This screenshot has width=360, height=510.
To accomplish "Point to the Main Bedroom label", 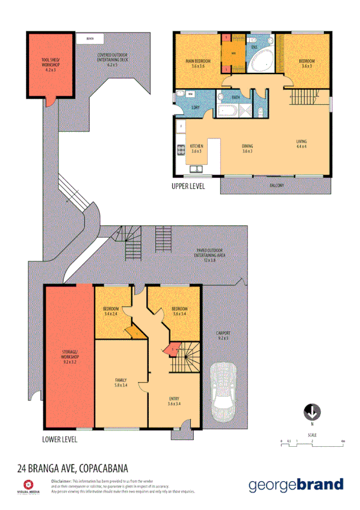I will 198,63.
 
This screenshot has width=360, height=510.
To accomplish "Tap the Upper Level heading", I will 188,187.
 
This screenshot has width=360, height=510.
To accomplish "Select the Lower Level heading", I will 60,440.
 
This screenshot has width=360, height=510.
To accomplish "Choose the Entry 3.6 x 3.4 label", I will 173,401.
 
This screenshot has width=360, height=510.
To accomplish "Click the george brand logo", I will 296,485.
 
